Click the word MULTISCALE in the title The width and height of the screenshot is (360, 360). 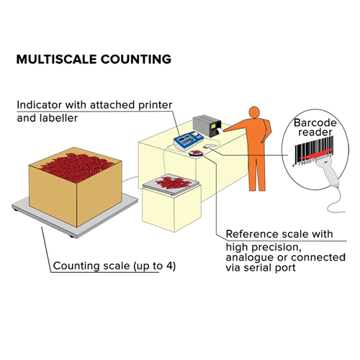click(56, 59)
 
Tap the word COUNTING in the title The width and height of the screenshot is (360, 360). click(136, 59)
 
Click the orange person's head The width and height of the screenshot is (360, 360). click(254, 112)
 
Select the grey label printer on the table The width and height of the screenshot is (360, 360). click(207, 125)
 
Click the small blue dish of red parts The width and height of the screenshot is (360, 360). click(196, 153)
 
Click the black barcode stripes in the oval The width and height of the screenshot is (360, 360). click(313, 149)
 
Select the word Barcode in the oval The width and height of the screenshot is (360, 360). click(315, 122)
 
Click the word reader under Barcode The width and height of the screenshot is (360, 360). click(315, 132)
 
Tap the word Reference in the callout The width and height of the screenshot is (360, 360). click(252, 234)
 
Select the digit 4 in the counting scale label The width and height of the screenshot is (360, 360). click(170, 266)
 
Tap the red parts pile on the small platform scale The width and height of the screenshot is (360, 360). click(174, 183)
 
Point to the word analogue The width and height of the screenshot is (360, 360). click(250, 258)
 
